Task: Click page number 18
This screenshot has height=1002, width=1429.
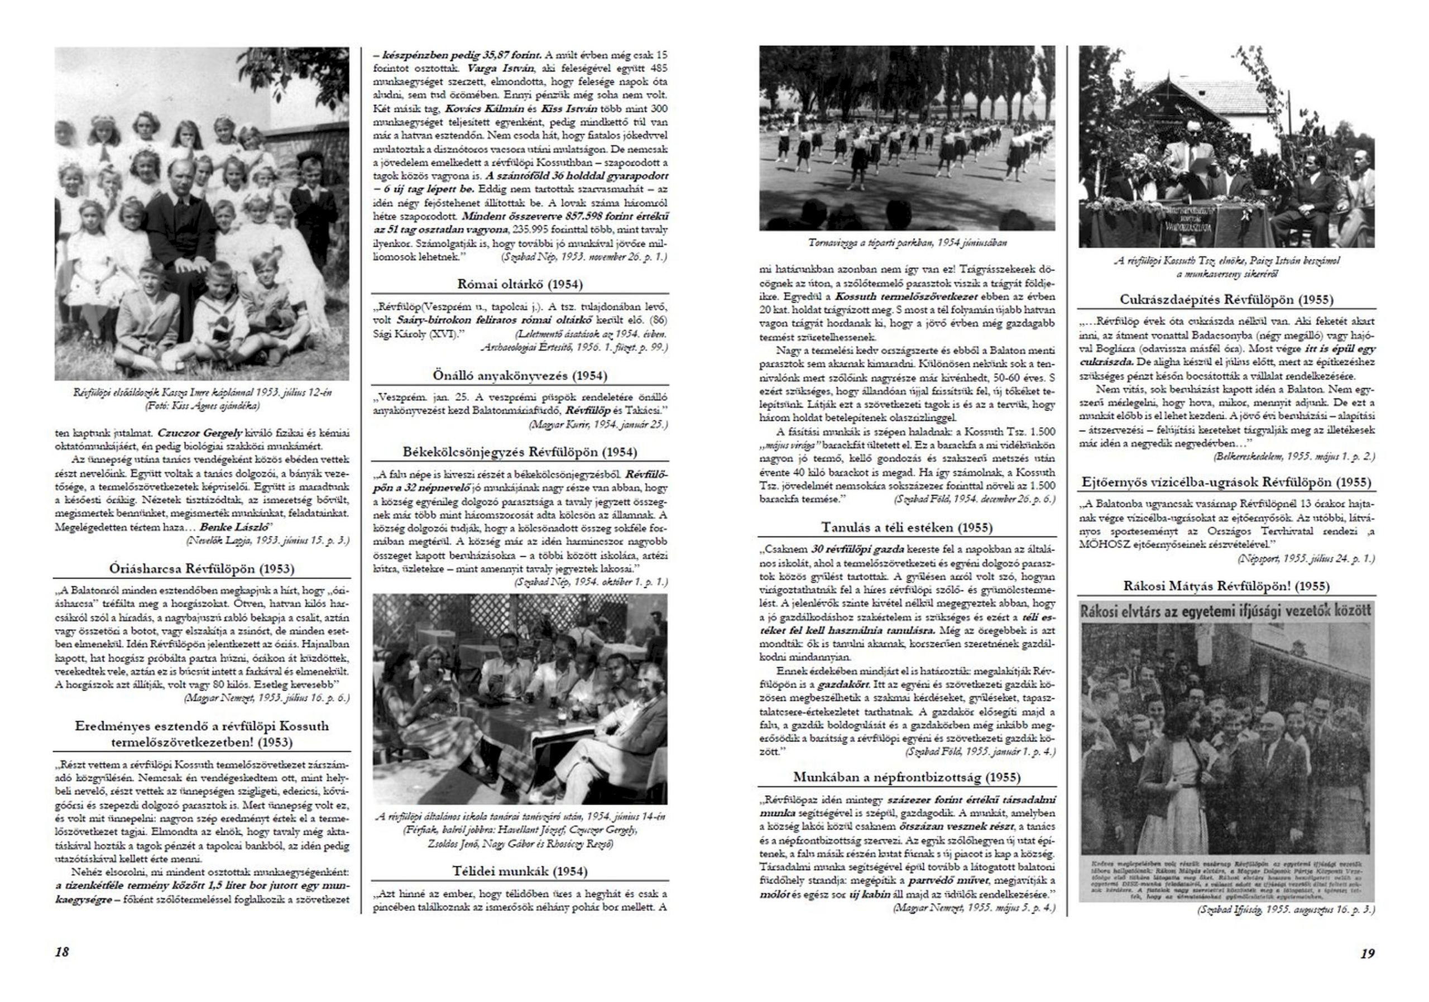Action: (x=62, y=952)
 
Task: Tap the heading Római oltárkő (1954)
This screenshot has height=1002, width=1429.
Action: (x=520, y=285)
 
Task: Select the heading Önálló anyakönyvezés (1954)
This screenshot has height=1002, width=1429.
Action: (x=520, y=375)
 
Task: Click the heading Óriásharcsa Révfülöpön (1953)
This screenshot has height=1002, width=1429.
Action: (x=202, y=568)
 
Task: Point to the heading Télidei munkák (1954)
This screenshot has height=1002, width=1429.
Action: (x=520, y=871)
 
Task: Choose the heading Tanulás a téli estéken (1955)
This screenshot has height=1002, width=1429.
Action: (x=907, y=527)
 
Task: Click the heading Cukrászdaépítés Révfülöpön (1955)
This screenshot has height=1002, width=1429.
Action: (x=1226, y=299)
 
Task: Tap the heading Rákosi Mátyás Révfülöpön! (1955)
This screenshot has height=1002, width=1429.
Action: (x=1226, y=586)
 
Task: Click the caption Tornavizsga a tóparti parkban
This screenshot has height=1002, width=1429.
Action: (x=907, y=243)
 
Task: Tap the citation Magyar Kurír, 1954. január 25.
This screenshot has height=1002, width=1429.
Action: (x=597, y=424)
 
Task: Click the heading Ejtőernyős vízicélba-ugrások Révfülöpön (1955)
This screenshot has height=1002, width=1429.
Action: (x=1226, y=482)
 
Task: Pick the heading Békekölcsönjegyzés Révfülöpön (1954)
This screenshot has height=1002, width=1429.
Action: (x=520, y=452)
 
